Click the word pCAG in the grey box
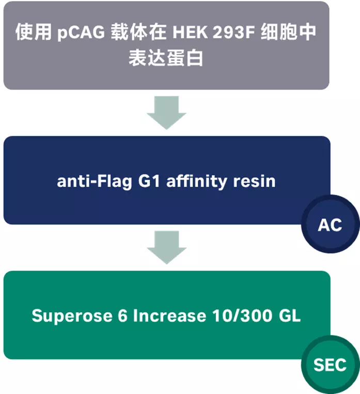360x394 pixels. [x=81, y=33]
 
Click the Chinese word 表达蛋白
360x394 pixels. [x=166, y=58]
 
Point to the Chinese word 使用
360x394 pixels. [x=33, y=33]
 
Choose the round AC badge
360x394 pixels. [x=330, y=225]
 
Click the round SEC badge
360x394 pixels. [x=330, y=365]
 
